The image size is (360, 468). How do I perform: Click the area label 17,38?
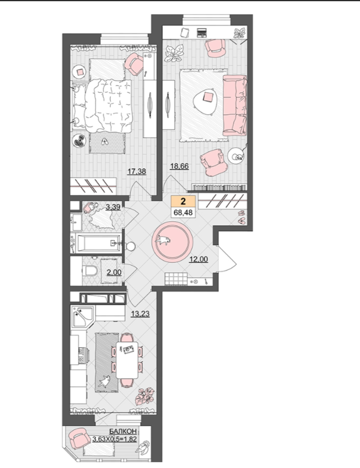coord(137,171)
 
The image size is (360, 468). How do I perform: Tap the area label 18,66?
coord(179,166)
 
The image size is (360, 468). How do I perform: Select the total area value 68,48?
coord(183,212)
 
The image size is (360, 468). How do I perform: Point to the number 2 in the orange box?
coord(183,201)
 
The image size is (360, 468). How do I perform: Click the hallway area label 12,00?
coord(199,260)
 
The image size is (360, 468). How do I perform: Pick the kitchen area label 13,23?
coord(140,314)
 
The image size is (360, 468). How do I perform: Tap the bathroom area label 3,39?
coord(113,207)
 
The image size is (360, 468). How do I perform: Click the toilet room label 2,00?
coord(114,273)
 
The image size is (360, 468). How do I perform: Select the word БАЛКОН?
coord(123,432)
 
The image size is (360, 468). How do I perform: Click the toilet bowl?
coord(90,270)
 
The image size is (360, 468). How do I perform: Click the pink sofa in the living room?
coord(235,105)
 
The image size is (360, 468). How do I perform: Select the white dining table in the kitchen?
coord(127,360)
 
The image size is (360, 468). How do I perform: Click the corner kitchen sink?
coord(83,316)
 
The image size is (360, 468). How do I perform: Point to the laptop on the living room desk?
coord(202,32)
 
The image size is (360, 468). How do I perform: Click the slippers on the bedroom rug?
coord(104,142)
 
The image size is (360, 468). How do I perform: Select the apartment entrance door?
coord(226,258)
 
